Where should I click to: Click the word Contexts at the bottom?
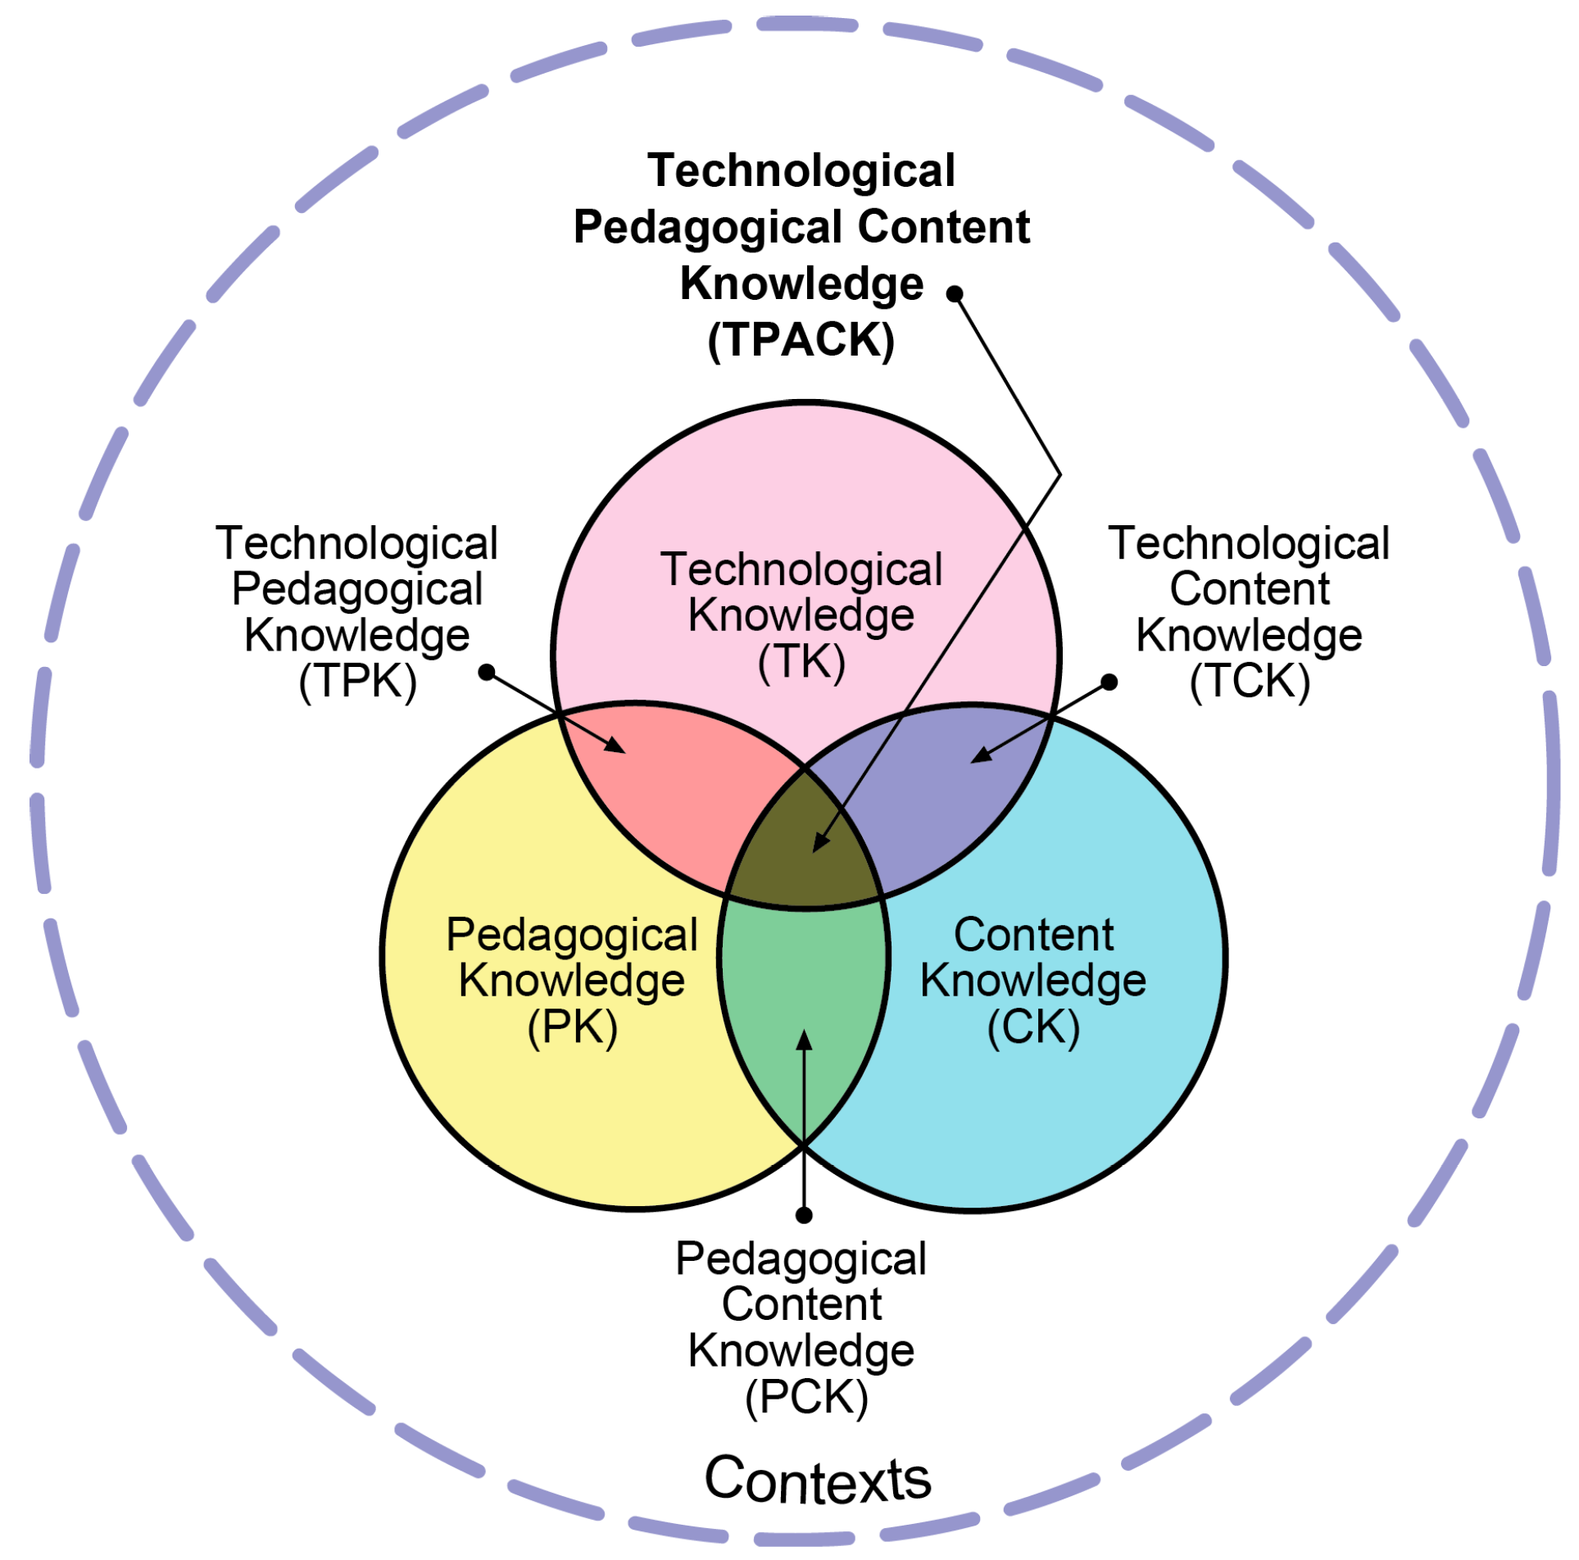click(817, 1480)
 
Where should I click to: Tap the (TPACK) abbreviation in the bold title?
click(801, 340)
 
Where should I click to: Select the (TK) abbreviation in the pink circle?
click(801, 661)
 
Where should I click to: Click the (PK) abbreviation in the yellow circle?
click(572, 1026)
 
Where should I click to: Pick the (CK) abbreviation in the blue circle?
click(1032, 1026)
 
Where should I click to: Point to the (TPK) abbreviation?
click(357, 681)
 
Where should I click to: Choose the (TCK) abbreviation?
click(1249, 681)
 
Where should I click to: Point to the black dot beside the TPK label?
click(487, 672)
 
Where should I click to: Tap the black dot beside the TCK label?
click(1109, 682)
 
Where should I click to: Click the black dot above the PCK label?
click(804, 1214)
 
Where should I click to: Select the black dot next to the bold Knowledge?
click(955, 293)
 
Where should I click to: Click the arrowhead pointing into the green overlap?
click(805, 1039)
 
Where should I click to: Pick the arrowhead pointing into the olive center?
click(820, 843)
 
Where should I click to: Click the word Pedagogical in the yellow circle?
click(572, 935)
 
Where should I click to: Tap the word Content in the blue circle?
click(1032, 935)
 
